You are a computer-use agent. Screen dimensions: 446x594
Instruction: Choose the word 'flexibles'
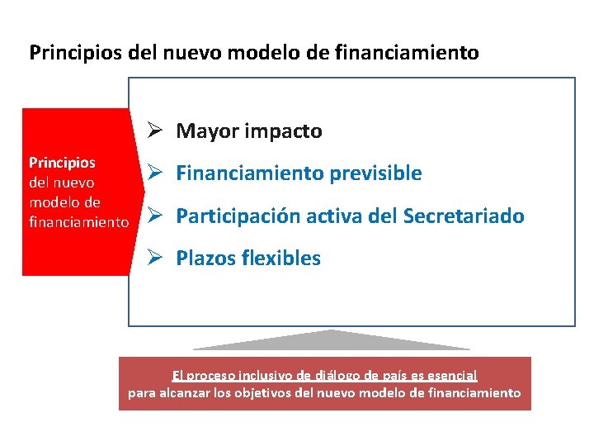[281, 259]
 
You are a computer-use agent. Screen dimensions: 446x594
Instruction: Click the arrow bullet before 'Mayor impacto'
[157, 130]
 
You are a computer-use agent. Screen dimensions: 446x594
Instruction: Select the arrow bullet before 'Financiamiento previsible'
[157, 173]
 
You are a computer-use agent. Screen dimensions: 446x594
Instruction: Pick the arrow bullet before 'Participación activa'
[157, 216]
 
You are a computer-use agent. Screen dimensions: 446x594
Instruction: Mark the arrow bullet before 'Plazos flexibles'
[157, 259]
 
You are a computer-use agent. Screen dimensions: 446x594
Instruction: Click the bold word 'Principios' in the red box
[62, 163]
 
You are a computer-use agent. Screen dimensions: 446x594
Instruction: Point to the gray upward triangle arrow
[330, 340]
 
